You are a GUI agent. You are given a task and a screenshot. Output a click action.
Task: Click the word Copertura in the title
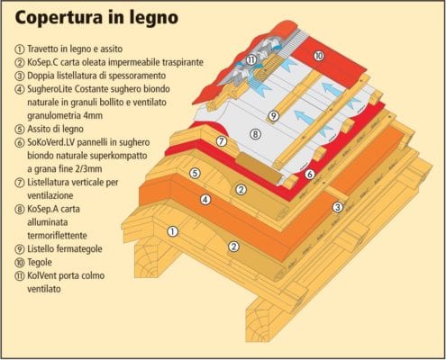[59, 18]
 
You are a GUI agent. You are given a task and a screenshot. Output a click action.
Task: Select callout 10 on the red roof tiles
[319, 56]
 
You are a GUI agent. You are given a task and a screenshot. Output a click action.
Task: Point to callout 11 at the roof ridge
[250, 60]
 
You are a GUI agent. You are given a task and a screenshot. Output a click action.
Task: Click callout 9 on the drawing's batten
[273, 115]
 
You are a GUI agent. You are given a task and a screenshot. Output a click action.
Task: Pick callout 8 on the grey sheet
[255, 134]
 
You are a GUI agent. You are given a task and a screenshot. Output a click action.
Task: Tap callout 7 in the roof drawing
[222, 141]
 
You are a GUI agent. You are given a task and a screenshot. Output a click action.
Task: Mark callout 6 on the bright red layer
[309, 174]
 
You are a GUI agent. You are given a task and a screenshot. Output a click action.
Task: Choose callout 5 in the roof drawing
[195, 174]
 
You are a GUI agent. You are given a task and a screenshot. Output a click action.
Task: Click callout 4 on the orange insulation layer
[205, 200]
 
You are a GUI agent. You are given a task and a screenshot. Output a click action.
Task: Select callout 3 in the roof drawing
[338, 207]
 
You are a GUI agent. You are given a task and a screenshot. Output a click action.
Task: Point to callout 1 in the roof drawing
[172, 231]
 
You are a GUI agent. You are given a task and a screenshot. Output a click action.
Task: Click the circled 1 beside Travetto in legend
[20, 49]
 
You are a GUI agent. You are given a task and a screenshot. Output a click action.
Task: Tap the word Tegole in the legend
[40, 263]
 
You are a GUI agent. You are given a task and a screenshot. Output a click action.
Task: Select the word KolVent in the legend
[41, 275]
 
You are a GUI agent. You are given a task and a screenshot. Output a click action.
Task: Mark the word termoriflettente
[57, 236]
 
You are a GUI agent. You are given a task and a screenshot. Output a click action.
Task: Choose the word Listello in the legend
[40, 248]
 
